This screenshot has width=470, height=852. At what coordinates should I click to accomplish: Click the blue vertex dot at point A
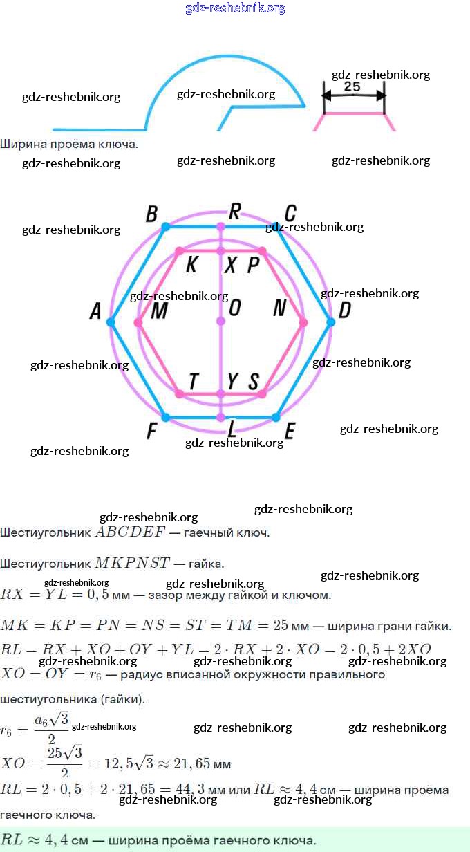(111, 322)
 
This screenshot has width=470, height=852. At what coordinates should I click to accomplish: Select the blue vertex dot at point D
(330, 322)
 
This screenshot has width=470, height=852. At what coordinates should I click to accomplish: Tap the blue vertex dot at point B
(165, 226)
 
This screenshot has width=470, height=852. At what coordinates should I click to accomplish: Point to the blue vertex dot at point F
(165, 417)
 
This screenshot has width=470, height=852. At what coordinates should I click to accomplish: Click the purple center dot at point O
(220, 322)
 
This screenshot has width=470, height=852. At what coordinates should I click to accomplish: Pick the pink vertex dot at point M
(138, 322)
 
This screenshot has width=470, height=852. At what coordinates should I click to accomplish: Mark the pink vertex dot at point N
(303, 322)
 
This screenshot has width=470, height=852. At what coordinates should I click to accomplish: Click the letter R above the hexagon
(235, 210)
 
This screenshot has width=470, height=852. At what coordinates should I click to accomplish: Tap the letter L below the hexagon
(233, 430)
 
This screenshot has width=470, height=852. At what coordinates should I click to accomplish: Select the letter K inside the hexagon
(192, 265)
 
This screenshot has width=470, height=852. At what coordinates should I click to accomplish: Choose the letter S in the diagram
(254, 381)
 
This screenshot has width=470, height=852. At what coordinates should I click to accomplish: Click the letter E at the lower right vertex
(290, 432)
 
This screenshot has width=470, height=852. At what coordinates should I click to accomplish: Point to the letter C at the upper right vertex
(290, 212)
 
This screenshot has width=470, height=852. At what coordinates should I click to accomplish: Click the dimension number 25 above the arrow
(352, 86)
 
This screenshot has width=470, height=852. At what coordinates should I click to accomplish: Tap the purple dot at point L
(220, 417)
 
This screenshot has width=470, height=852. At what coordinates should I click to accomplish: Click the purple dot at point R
(220, 226)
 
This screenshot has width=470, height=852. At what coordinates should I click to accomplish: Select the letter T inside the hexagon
(194, 381)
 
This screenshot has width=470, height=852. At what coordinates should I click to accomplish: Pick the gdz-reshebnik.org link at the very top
(235, 8)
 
